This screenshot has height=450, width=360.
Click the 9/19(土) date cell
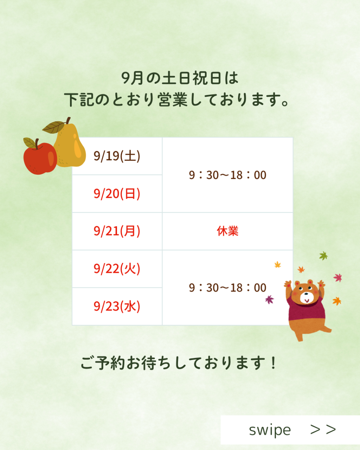point(117,156)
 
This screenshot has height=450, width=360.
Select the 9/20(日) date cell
point(117,194)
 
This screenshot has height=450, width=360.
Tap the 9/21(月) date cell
point(117,231)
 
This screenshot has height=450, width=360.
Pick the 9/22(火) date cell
point(117,269)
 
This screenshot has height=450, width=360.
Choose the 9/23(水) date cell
point(117,306)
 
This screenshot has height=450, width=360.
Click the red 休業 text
point(227,231)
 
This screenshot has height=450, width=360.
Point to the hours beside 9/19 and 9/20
point(227,175)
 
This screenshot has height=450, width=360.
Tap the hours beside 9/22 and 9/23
point(227,288)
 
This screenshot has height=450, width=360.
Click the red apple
point(40,158)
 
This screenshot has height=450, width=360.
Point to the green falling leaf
point(323,256)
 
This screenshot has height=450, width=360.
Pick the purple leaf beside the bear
point(270,300)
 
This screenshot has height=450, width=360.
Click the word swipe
point(270,430)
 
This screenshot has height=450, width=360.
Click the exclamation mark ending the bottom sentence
point(273,363)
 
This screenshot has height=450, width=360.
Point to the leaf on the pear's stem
point(53,127)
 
